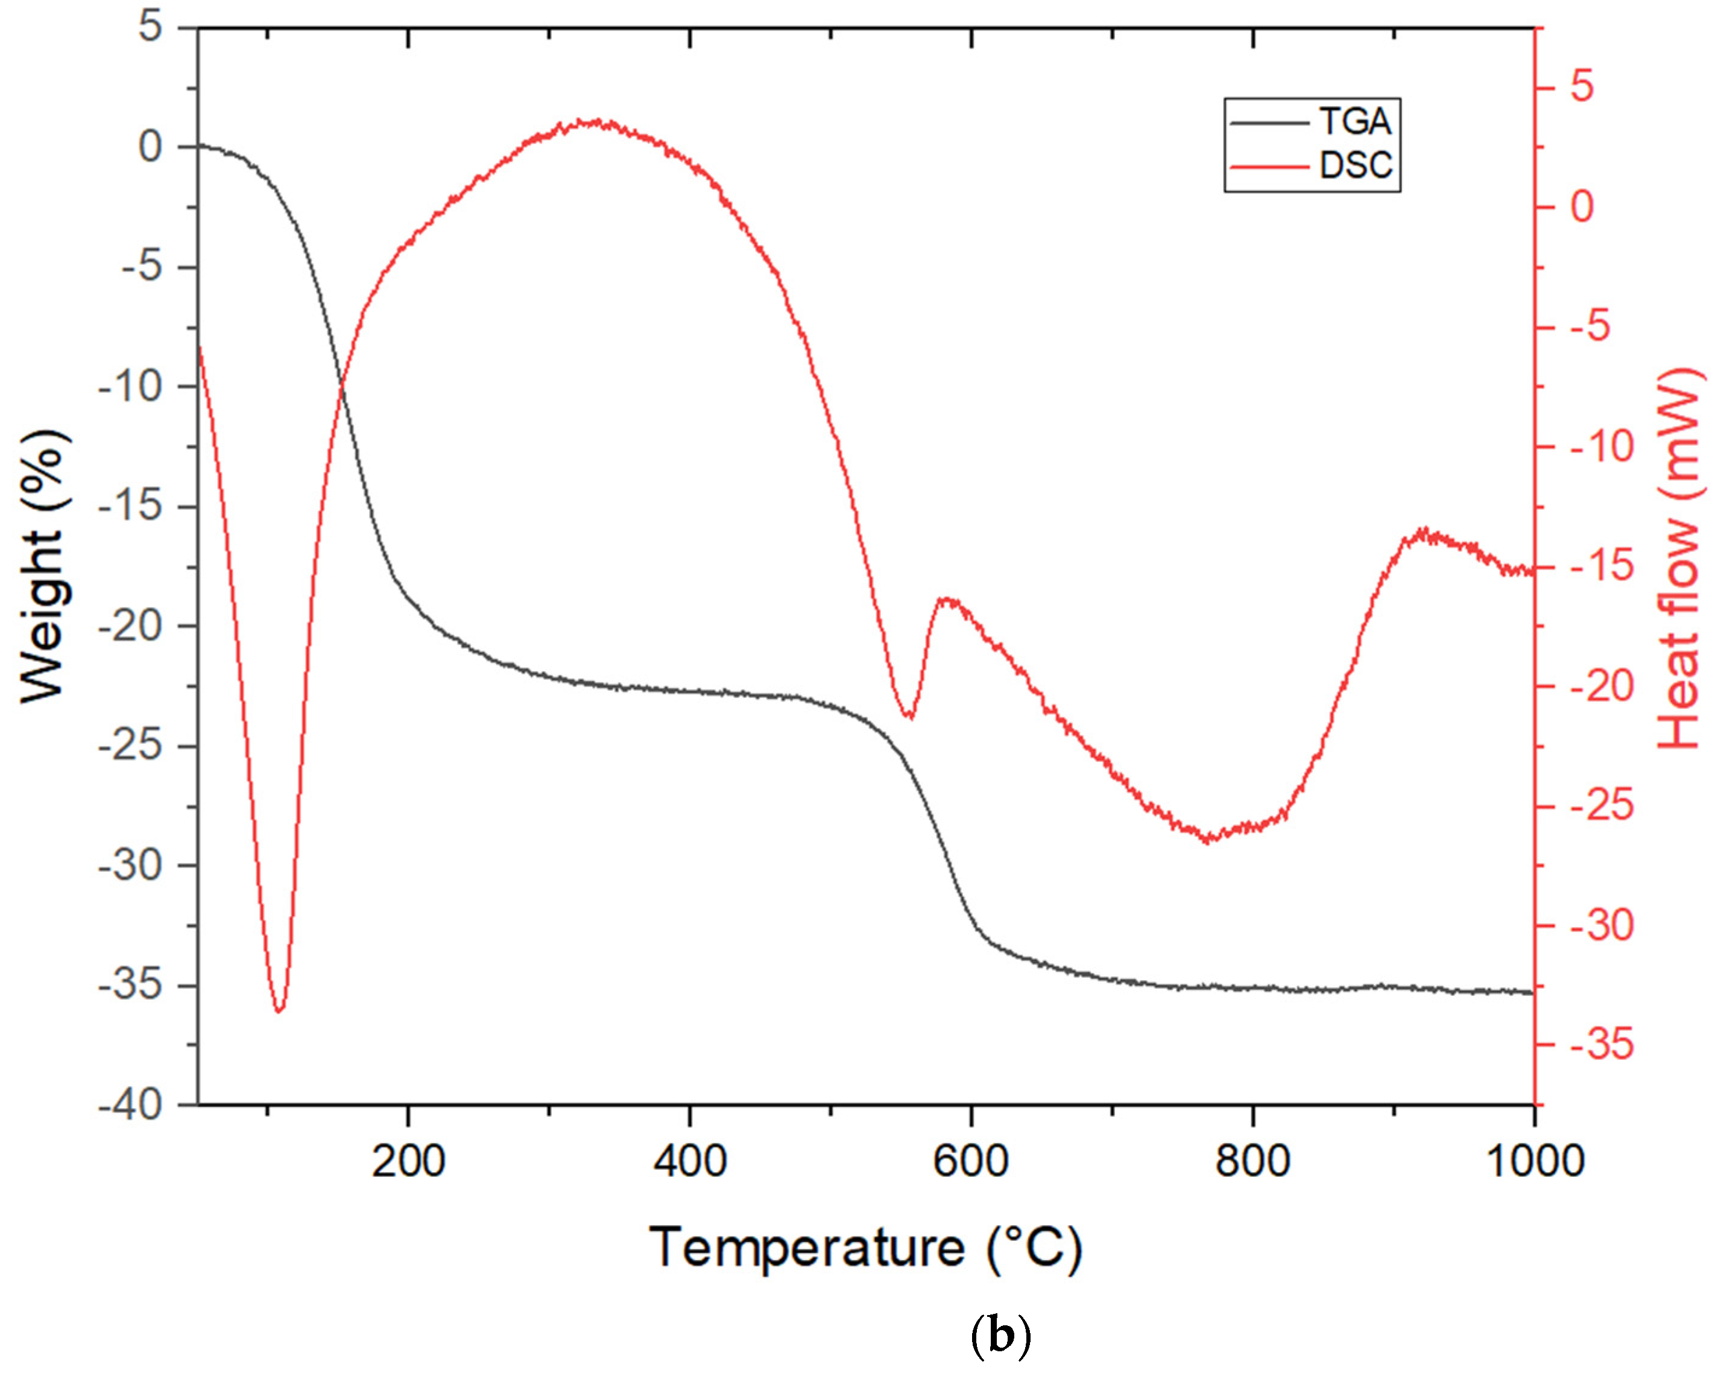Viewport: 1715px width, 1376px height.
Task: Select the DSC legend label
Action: [x=1356, y=165]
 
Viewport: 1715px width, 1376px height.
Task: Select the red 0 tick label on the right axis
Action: [x=1582, y=207]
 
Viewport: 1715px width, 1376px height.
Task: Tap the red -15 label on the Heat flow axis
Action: [x=1601, y=566]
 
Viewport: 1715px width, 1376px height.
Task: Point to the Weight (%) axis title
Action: [x=44, y=566]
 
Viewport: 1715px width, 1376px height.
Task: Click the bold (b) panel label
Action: [x=1000, y=1337]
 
